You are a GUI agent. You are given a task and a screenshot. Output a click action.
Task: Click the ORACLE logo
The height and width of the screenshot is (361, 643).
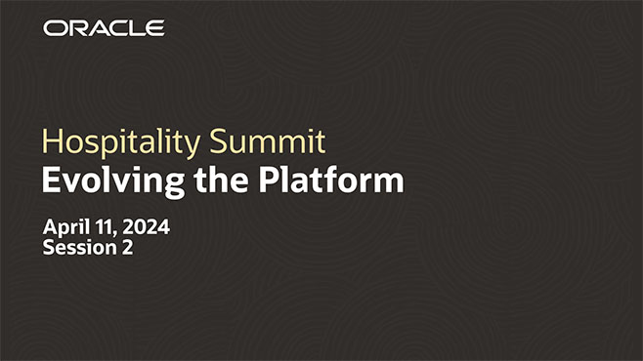[x=103, y=27]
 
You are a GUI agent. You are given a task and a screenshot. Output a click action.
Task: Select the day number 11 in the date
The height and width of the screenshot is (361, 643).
[x=105, y=227]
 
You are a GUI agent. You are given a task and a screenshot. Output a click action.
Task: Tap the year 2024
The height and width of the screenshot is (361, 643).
[x=146, y=227]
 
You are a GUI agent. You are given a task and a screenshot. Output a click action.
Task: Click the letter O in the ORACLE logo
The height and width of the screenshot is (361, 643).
[x=53, y=27]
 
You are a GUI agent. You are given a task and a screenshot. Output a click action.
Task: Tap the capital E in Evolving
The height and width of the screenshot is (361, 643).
[x=51, y=180]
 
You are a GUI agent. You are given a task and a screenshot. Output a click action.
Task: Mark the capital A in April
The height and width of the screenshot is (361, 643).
[x=51, y=227]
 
